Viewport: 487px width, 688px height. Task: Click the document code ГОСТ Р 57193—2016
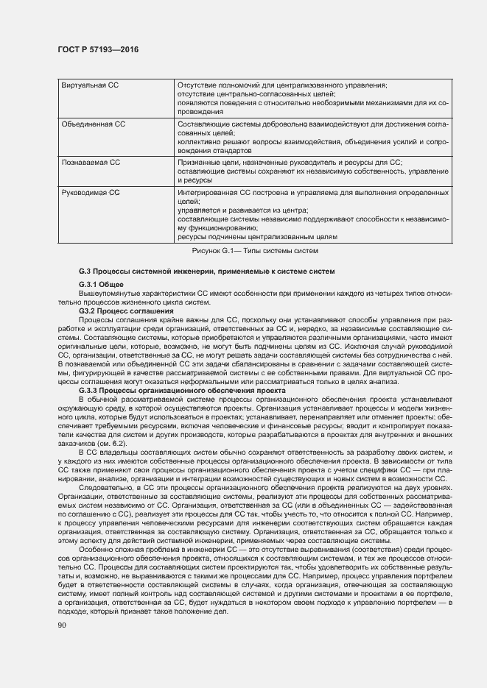pyautogui.click(x=98, y=49)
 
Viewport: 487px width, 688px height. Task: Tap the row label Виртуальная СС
pyautogui.click(x=91, y=85)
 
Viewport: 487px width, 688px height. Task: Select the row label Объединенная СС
pyautogui.click(x=93, y=124)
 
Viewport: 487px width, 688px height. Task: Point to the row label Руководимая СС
pyautogui.click(x=91, y=192)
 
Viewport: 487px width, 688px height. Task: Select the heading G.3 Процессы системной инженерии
pyautogui.click(x=206, y=271)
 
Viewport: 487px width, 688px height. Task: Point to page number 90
pyautogui.click(x=62, y=625)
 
